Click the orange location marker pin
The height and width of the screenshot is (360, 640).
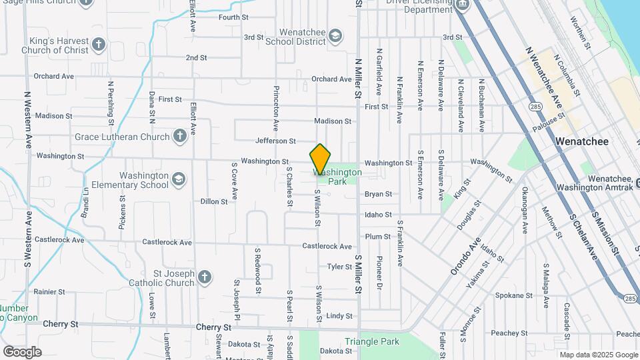click(321, 159)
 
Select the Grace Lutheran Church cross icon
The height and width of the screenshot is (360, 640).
click(179, 137)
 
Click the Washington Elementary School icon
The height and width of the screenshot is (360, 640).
click(179, 179)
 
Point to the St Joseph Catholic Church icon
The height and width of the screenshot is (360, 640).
click(205, 277)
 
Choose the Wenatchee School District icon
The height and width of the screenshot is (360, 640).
click(335, 35)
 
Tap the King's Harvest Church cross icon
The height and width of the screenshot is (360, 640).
click(99, 45)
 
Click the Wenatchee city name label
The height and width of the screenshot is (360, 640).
click(582, 142)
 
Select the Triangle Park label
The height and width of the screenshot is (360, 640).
click(371, 342)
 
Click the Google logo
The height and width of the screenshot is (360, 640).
click(22, 352)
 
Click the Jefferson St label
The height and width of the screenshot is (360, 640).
click(275, 141)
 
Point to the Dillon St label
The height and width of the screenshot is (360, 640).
click(214, 201)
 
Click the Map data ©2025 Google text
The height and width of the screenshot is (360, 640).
click(599, 354)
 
